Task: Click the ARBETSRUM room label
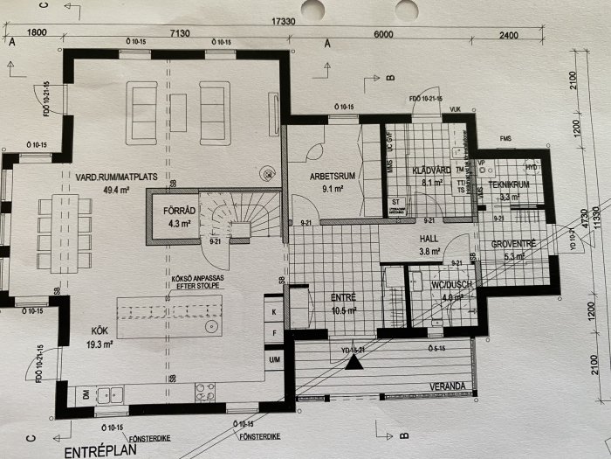point(329,175)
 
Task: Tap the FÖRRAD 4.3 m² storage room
point(167,215)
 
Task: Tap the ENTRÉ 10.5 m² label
point(342,303)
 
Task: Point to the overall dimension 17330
point(282,19)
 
